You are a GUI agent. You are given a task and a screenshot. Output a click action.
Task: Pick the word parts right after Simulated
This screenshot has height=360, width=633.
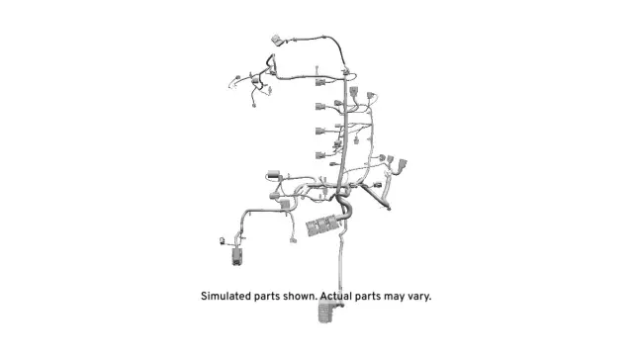273,296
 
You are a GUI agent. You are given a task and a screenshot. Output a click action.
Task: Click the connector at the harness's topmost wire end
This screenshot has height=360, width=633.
276,43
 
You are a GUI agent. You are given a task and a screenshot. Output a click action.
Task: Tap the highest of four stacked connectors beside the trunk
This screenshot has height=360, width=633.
320,83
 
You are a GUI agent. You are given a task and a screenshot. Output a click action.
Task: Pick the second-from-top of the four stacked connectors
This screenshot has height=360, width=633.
320,107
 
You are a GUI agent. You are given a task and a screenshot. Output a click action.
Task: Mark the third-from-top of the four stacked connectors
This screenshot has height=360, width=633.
320,131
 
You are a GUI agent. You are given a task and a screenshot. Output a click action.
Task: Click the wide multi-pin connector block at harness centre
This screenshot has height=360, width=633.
323,225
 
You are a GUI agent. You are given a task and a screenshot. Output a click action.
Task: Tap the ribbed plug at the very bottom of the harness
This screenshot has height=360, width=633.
327,314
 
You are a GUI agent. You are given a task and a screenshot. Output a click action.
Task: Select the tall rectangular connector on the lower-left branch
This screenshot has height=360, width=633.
238,255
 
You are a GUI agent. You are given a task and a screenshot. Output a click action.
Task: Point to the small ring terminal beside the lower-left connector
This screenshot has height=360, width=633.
221,239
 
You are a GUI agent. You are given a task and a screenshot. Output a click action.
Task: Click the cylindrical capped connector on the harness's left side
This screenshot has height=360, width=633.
275,177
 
